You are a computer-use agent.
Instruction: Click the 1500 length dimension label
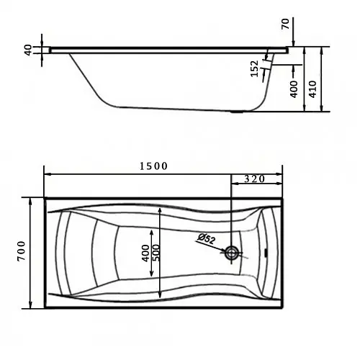pos(153,166)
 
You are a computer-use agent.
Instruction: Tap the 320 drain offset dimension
pos(255,179)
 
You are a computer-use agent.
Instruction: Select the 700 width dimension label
pos(22,251)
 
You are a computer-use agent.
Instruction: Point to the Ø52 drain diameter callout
pos(206,239)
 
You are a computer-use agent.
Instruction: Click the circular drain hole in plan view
pos(231,253)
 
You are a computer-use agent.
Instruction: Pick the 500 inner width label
pos(156,253)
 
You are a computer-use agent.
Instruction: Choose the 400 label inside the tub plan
pos(145,253)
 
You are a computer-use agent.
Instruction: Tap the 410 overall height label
pos(312,89)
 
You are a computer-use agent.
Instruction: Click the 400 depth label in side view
pos(294,89)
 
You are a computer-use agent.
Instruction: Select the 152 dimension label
pos(255,68)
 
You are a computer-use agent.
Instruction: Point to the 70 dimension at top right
pos(285,24)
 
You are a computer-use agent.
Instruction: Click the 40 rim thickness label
pos(28,50)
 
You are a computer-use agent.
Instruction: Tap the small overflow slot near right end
pos(266,252)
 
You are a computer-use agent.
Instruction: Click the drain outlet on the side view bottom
pos(236,112)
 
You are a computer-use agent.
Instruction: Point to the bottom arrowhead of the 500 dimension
pos(160,294)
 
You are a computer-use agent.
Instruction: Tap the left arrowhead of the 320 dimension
pos(235,184)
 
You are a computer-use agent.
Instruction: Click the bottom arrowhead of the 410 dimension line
pos(322,108)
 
